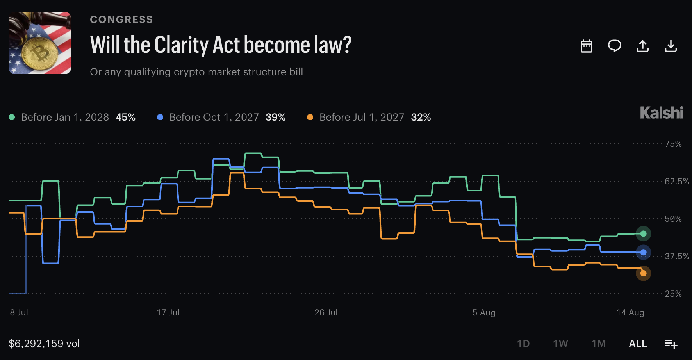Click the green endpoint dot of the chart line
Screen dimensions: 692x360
(x=643, y=234)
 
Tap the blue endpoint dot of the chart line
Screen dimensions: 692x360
(x=643, y=253)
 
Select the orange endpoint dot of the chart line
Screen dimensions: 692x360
(x=643, y=273)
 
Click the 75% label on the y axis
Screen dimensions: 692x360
(x=673, y=144)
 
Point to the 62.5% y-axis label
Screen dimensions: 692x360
(x=677, y=182)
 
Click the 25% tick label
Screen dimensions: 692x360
(x=673, y=294)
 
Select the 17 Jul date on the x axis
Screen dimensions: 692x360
(x=168, y=313)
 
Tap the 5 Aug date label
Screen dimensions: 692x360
(x=484, y=313)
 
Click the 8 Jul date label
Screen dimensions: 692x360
(x=19, y=313)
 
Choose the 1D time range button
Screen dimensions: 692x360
(x=523, y=344)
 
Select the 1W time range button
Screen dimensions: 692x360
(x=560, y=344)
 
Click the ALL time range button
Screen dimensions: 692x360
(x=638, y=344)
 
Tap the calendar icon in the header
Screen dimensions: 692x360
(x=587, y=46)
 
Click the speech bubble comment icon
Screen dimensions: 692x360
(x=615, y=46)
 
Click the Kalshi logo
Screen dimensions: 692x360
(x=662, y=113)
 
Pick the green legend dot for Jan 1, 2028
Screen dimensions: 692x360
(x=12, y=117)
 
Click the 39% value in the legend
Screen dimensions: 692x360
(x=276, y=117)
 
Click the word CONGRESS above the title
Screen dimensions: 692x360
(x=121, y=20)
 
